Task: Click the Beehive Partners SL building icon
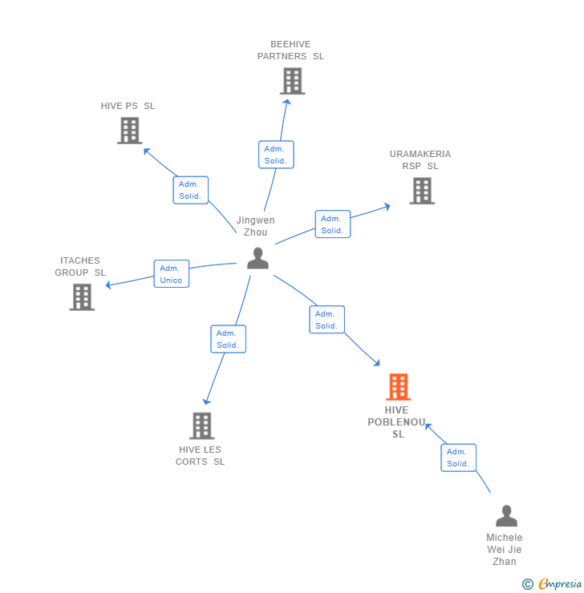point(293,81)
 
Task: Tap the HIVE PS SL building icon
point(129,131)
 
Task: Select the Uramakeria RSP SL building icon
point(422,191)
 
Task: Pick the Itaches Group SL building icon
point(82,296)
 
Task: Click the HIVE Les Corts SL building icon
point(202,426)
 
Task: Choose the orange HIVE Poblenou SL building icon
point(399,387)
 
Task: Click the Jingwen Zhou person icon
point(258,258)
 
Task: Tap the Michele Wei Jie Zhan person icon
point(506,515)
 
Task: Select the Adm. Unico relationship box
point(172,274)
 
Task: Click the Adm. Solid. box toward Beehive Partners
point(276,155)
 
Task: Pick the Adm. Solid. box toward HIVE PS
point(191,190)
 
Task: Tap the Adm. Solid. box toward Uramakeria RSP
point(332,224)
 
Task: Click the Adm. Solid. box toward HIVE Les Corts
point(228,339)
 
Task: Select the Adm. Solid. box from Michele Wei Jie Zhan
point(458,458)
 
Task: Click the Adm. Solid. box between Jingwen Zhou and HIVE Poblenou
point(326,320)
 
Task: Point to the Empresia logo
point(553,584)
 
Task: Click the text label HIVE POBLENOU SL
point(398,422)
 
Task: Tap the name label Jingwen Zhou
point(255,226)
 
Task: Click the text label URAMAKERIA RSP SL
point(420,160)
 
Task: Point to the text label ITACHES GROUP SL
point(80,267)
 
